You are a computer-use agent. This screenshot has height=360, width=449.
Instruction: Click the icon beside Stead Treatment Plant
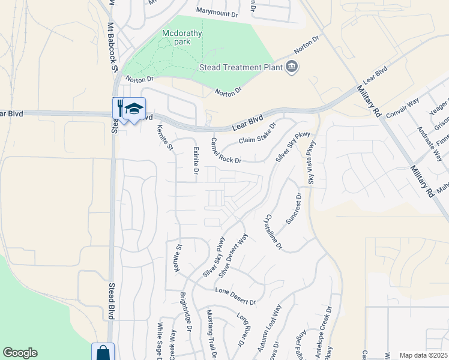click(292, 67)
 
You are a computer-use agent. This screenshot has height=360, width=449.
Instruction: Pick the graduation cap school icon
click(135, 109)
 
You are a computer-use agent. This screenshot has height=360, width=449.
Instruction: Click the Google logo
click(20, 353)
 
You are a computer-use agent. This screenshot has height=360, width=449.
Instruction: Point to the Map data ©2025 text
click(424, 355)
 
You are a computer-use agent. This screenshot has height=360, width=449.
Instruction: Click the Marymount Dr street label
click(217, 11)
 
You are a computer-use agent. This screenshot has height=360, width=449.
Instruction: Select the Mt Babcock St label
click(111, 48)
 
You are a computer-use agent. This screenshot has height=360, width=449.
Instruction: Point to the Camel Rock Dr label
click(226, 151)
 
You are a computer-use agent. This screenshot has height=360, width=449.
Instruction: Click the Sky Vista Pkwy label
click(311, 163)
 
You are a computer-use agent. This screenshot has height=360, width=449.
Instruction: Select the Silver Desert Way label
click(234, 256)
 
